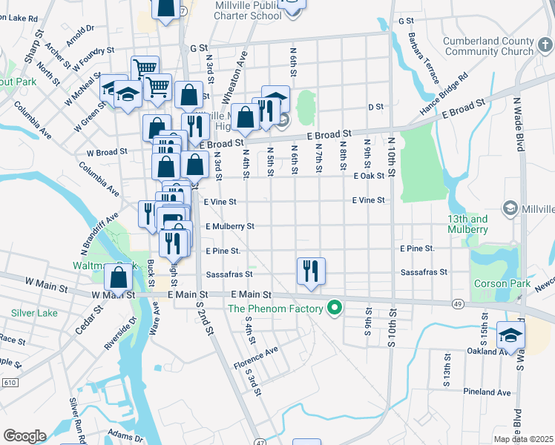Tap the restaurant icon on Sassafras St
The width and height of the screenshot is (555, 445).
pos(311,271)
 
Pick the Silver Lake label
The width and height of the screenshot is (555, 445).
pos(35,313)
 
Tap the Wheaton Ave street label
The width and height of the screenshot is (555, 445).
pos(235,71)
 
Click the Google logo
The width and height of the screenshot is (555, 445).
pos(24,435)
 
